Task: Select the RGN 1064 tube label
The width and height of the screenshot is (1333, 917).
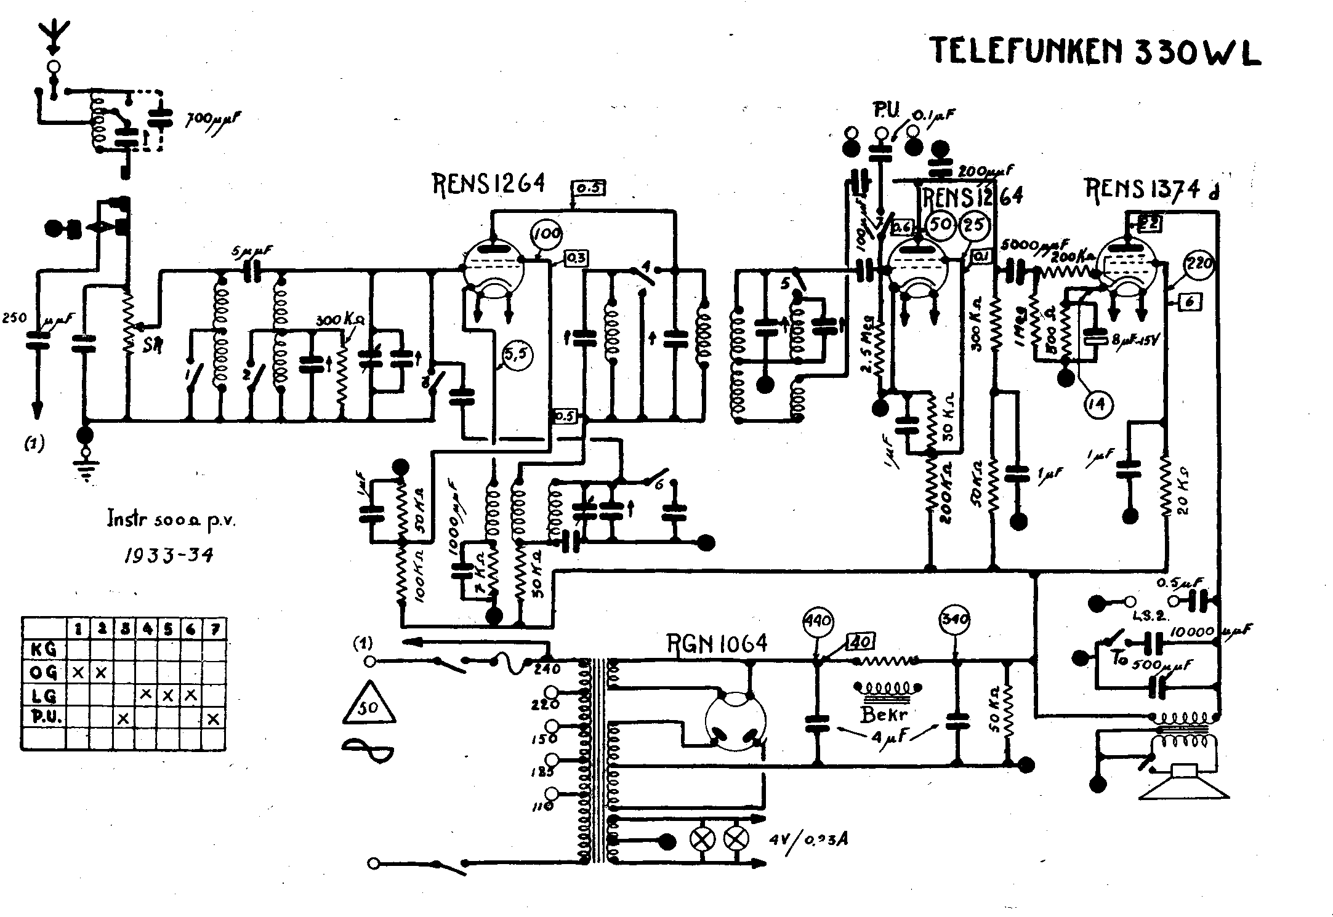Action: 718,644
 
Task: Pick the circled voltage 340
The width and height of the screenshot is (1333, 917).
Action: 955,619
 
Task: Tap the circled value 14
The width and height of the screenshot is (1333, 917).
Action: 1098,404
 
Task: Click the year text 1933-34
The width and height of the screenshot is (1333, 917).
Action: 169,555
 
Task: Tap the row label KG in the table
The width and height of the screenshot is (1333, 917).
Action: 44,649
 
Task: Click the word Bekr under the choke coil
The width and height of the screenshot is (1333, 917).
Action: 884,715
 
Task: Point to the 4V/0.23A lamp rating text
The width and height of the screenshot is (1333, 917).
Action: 808,839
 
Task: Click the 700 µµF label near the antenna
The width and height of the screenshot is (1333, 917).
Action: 213,119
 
